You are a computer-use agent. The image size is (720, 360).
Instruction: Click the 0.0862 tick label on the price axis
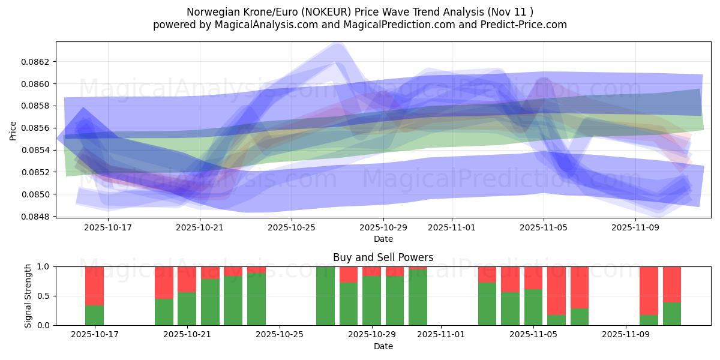pyautogui.click(x=36, y=62)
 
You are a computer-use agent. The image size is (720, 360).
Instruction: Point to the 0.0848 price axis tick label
pyautogui.click(x=36, y=217)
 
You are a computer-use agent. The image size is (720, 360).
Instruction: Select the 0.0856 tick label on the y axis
pyautogui.click(x=36, y=128)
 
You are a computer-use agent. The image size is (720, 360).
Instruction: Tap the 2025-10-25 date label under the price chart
pyautogui.click(x=291, y=228)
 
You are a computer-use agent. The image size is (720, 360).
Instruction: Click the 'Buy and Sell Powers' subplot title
pyautogui.click(x=383, y=257)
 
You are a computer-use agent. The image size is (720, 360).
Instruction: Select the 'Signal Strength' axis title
pyautogui.click(x=28, y=296)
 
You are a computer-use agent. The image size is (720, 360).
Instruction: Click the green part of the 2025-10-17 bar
pyautogui.click(x=95, y=316)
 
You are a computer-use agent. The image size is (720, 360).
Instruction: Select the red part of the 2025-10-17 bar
pyautogui.click(x=95, y=286)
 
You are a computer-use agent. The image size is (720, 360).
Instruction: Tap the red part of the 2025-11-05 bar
pyautogui.click(x=533, y=277)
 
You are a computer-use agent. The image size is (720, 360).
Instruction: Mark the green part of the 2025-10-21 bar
pyautogui.click(x=187, y=308)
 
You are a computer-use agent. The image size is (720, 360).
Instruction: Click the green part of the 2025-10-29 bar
pyautogui.click(x=371, y=301)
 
